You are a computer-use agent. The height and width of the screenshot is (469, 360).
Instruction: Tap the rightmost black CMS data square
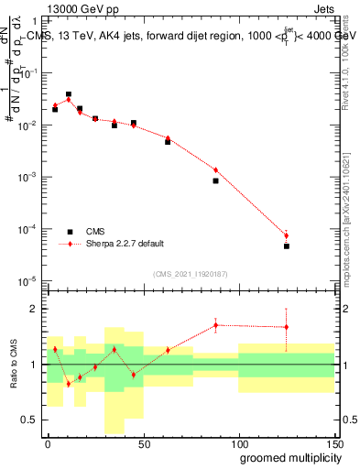pos(287,245)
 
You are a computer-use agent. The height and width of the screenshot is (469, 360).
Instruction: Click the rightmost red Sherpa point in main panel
pos(287,235)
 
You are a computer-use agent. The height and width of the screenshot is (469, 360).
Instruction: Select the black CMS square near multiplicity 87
pos(215,180)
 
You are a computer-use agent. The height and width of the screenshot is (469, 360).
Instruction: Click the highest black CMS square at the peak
pos(69,94)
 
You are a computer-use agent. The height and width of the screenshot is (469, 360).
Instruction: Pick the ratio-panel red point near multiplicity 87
pos(215,325)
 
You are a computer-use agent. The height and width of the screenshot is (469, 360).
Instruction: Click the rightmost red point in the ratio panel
pos(287,327)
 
